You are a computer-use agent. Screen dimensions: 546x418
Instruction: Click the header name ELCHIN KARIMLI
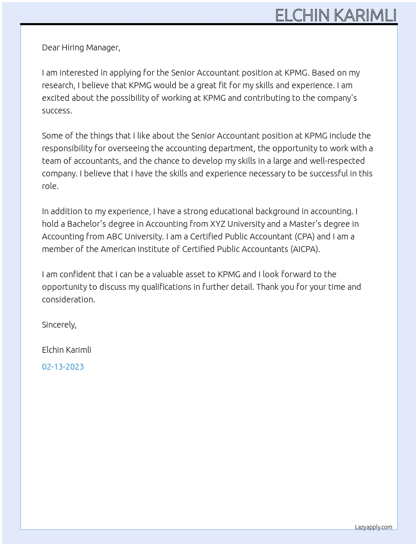336,15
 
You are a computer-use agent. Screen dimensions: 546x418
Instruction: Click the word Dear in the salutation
51,47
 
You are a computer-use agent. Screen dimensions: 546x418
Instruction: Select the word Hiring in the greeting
73,47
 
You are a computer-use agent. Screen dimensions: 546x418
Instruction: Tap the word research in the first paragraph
58,85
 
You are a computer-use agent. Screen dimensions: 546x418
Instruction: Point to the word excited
56,98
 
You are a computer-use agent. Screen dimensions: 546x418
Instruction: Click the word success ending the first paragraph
57,110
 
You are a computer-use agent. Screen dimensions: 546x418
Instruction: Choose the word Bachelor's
88,224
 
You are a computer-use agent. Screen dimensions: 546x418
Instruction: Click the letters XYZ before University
217,224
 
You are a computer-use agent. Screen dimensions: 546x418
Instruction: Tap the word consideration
68,299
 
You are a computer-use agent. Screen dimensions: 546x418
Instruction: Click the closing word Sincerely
59,325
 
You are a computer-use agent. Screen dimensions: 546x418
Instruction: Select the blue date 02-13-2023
63,367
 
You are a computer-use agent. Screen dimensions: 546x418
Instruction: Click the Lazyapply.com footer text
374,527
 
